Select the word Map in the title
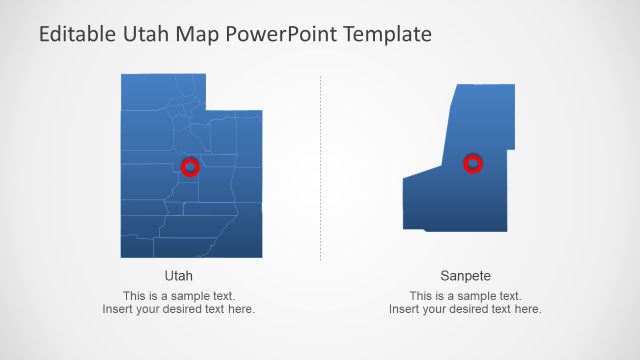[x=198, y=35]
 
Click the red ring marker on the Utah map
[x=190, y=167]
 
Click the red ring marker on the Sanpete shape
[x=474, y=163]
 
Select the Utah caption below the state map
[x=178, y=275]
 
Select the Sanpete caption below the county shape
[x=465, y=275]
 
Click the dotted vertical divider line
[x=320, y=170]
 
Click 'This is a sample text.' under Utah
[x=178, y=296]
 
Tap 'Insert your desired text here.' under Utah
[x=178, y=309]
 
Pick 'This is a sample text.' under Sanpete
[x=465, y=296]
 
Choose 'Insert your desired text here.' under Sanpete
[x=465, y=309]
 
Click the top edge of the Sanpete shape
[x=485, y=86]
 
